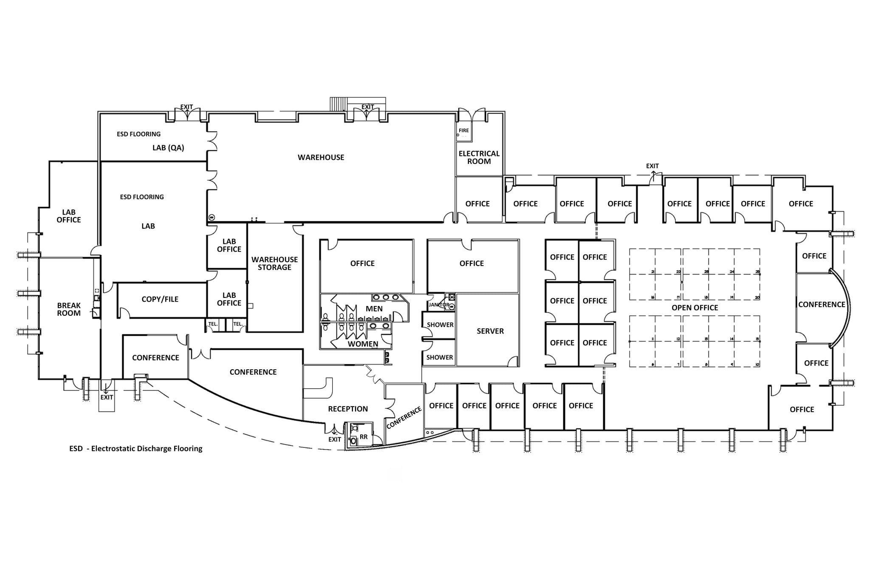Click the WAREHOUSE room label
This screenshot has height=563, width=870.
pyautogui.click(x=321, y=157)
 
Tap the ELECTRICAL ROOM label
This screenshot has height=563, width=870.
pyautogui.click(x=479, y=157)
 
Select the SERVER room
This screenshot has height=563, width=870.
pyautogui.click(x=490, y=331)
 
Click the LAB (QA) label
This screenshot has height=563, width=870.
pyautogui.click(x=168, y=148)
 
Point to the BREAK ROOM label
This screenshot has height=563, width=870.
pyautogui.click(x=69, y=309)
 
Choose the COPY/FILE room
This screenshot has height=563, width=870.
pyautogui.click(x=160, y=299)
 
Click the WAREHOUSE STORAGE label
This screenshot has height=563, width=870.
pyautogui.click(x=274, y=263)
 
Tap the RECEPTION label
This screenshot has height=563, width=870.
pyautogui.click(x=347, y=409)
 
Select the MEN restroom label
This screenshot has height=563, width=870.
pyautogui.click(x=374, y=309)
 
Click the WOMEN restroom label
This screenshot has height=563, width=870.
pyautogui.click(x=363, y=344)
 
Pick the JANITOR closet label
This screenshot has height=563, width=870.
pyautogui.click(x=438, y=305)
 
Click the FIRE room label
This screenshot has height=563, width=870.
pyautogui.click(x=463, y=130)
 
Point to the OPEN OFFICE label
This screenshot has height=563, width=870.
pyautogui.click(x=695, y=308)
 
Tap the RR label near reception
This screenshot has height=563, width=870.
pyautogui.click(x=364, y=437)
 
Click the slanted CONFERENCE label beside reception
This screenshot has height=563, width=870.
pyautogui.click(x=404, y=417)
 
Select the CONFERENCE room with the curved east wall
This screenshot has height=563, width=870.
pyautogui.click(x=821, y=305)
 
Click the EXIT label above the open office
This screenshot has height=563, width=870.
pyautogui.click(x=652, y=166)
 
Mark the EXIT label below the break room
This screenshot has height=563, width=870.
pyautogui.click(x=107, y=397)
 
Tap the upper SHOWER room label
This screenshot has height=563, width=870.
pyautogui.click(x=440, y=325)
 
